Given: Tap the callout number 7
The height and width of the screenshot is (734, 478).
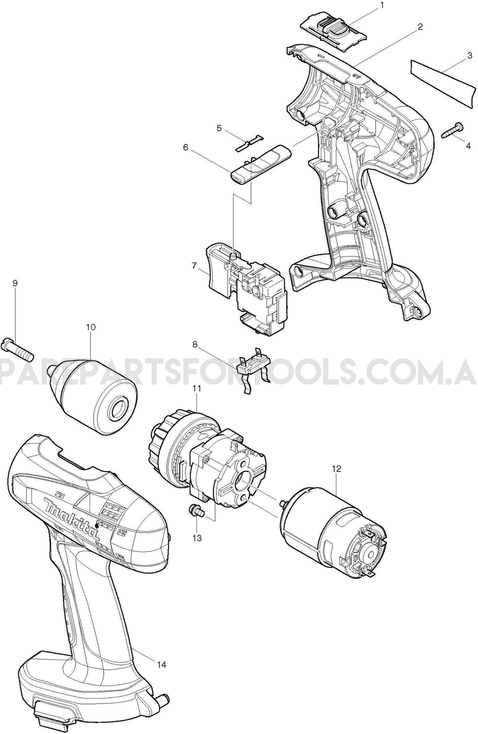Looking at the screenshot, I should tap(194, 265).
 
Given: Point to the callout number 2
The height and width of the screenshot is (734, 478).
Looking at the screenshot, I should tap(420, 27).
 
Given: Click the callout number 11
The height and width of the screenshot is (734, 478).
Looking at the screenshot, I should tap(197, 388).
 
